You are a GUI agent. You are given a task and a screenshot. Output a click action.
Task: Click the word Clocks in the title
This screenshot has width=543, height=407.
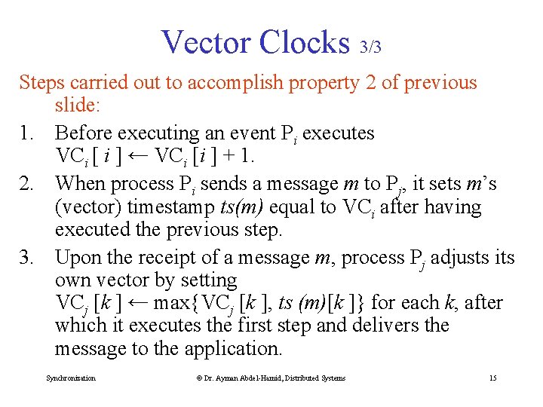(303, 42)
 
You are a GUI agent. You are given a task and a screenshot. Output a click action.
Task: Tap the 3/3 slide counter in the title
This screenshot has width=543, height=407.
(370, 47)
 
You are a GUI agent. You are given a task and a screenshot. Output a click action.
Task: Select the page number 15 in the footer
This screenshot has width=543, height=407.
(492, 378)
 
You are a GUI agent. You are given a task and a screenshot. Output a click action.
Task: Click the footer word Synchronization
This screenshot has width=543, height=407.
(71, 378)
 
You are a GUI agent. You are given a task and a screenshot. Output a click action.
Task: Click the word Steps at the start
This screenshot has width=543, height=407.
(41, 82)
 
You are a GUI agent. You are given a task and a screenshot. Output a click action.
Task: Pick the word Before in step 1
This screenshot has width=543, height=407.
(86, 133)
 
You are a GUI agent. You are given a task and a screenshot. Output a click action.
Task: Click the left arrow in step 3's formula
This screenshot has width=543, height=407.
(137, 303)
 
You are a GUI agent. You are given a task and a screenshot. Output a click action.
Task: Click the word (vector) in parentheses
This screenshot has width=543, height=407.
(89, 207)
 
